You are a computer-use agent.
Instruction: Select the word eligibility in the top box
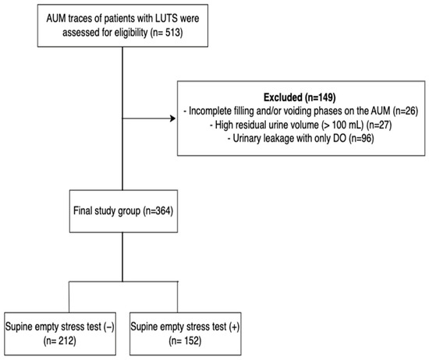point(131,33)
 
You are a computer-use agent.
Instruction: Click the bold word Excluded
point(282,97)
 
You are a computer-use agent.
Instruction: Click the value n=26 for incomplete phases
point(406,111)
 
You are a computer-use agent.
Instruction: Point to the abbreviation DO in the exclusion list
point(339,139)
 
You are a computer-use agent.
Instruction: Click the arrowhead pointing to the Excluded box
point(173,118)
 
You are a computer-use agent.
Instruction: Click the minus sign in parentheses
point(109,327)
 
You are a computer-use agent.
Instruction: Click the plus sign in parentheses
point(234,327)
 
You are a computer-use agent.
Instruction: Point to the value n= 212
point(59,341)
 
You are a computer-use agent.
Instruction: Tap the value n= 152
point(185,341)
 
